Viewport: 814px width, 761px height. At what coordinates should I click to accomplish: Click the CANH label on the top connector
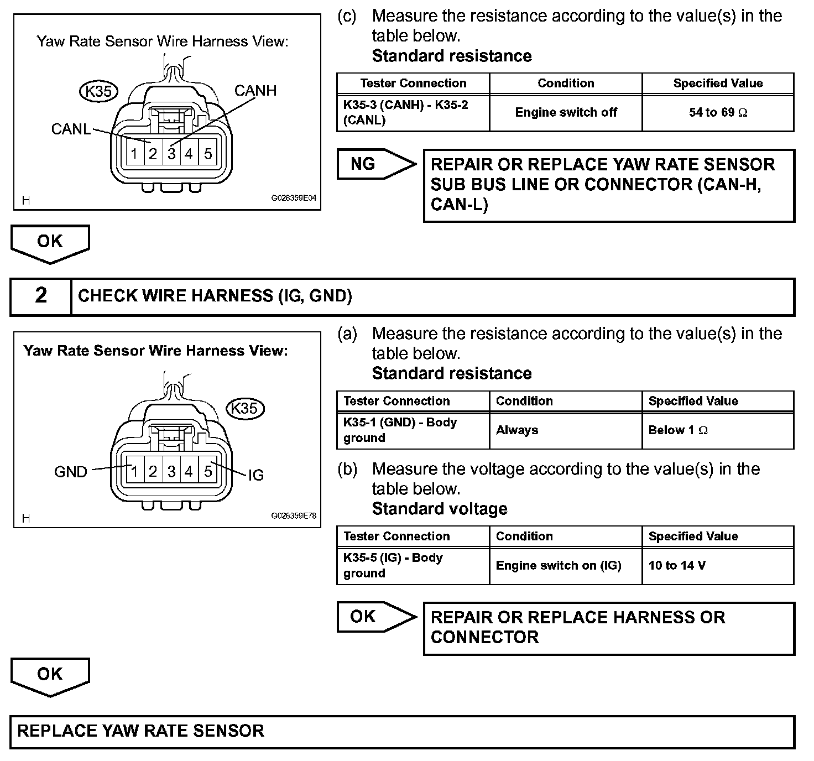(x=255, y=91)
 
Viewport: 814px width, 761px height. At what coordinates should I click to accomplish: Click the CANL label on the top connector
(x=71, y=129)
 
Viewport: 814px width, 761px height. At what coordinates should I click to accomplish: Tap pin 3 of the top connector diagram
(x=171, y=154)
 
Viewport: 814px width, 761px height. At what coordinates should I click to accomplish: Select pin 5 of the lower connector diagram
(x=208, y=471)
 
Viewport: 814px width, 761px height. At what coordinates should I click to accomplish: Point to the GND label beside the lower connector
(x=71, y=472)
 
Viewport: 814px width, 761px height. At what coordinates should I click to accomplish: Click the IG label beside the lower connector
(x=255, y=475)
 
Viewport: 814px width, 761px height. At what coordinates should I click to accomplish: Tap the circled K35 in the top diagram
(x=98, y=91)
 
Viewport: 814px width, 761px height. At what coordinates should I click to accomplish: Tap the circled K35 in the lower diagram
(x=245, y=408)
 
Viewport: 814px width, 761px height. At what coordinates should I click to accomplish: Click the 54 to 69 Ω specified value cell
(x=718, y=112)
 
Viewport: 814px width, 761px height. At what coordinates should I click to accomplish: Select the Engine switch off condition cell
(x=566, y=112)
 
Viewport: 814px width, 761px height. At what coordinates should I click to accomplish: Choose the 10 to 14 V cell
(x=677, y=565)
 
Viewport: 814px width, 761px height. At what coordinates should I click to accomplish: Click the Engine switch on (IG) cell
(x=559, y=565)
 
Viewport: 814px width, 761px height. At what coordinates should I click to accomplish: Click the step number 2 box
(x=41, y=296)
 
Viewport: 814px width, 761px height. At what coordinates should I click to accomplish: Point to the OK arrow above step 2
(x=50, y=242)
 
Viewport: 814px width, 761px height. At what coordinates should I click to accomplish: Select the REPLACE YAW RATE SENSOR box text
(x=141, y=731)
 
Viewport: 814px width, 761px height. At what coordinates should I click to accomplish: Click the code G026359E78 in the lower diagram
(x=293, y=515)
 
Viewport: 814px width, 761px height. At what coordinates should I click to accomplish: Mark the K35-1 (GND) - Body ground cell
(x=400, y=430)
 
